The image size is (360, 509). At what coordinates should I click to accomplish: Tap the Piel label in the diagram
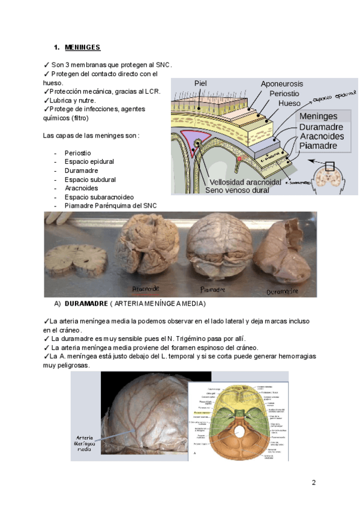pyautogui.click(x=201, y=83)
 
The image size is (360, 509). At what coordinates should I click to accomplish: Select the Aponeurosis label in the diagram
pyautogui.click(x=281, y=84)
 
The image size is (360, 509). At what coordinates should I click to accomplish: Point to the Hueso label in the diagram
pyautogui.click(x=289, y=103)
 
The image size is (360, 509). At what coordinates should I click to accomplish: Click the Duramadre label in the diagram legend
pyautogui.click(x=321, y=127)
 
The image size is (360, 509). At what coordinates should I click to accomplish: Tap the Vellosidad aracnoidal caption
pyautogui.click(x=245, y=182)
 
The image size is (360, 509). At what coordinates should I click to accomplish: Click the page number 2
pyautogui.click(x=313, y=483)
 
